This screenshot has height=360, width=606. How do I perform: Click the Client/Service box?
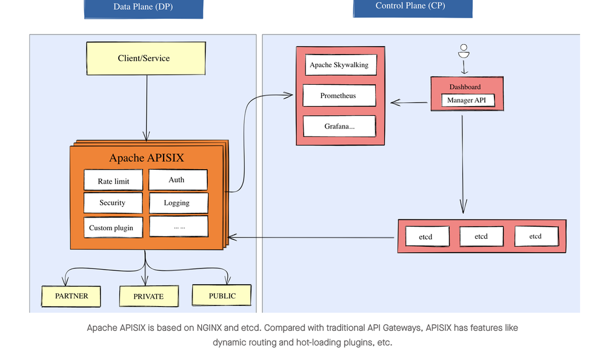144,58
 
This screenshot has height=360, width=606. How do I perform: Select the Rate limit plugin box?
114,181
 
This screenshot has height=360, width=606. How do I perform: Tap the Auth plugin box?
178,180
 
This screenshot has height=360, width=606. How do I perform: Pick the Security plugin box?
113,203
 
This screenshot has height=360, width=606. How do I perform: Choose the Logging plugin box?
178,203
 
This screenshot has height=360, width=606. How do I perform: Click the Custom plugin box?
113,228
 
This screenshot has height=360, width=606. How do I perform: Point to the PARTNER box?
72,296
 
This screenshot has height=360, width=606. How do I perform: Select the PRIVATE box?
148,296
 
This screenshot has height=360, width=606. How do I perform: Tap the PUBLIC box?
222,296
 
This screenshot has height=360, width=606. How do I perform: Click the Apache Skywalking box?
339,65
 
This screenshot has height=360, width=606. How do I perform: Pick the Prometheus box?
339,96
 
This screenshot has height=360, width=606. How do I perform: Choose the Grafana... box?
339,126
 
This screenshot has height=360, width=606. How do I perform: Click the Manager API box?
468,100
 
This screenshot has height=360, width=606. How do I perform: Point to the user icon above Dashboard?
464,51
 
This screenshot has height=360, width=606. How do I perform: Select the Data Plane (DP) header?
143,7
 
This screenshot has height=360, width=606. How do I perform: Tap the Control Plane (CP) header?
412,7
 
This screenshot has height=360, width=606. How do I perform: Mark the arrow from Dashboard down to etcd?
463,164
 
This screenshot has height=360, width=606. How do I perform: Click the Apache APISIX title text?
147,158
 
